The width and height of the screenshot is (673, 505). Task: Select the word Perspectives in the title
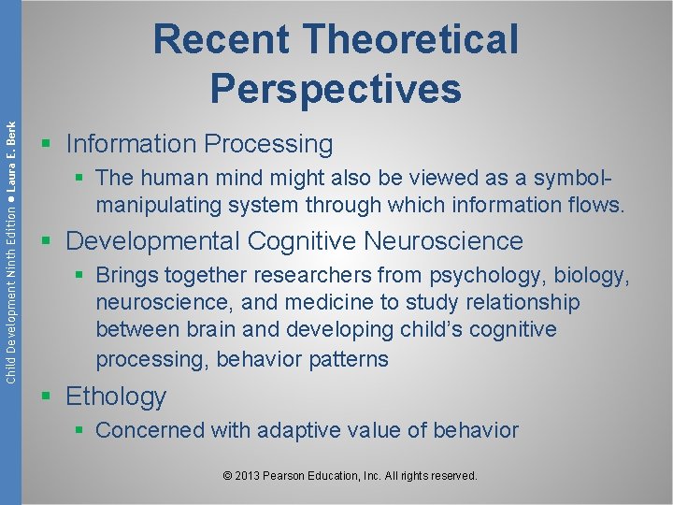(336, 88)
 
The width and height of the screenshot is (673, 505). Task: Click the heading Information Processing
(199, 144)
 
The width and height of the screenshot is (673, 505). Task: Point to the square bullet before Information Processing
(49, 145)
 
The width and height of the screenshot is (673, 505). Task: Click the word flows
(594, 205)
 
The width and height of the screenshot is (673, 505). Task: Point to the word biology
(592, 276)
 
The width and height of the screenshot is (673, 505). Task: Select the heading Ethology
(116, 397)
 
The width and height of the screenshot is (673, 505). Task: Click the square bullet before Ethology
(49, 397)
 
